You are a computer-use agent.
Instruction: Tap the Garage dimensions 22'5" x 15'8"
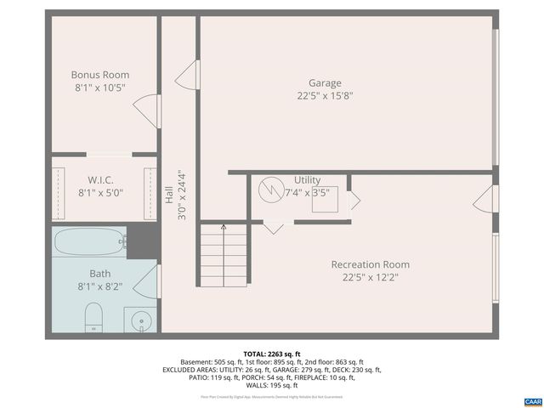point(325,96)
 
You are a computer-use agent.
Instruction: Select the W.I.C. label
point(100,179)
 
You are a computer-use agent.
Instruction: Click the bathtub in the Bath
point(88,244)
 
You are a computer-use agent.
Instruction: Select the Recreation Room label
point(370,264)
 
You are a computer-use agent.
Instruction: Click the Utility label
point(307,180)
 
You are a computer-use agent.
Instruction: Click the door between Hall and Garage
point(187,76)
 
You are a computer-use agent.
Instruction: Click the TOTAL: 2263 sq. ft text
point(271,354)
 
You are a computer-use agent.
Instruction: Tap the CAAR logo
point(532,400)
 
